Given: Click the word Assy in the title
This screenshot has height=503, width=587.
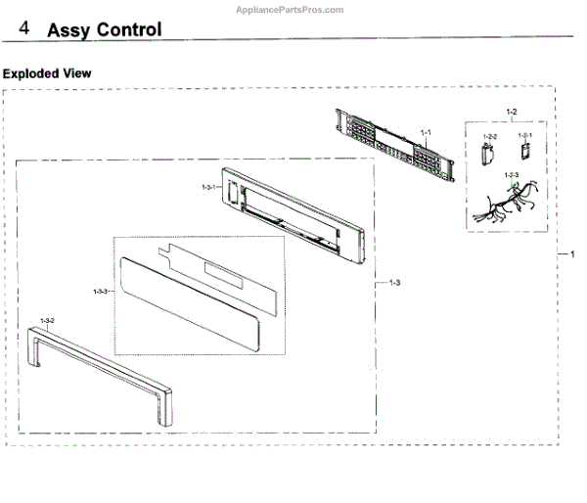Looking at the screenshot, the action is pyautogui.click(x=71, y=29).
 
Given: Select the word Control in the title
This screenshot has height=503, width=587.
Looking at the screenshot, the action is pyautogui.click(x=131, y=29).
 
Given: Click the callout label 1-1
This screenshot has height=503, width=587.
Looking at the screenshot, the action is pyautogui.click(x=426, y=132).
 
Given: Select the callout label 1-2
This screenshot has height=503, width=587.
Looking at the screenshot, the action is pyautogui.click(x=511, y=111).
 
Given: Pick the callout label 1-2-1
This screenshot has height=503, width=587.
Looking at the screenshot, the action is pyautogui.click(x=524, y=136).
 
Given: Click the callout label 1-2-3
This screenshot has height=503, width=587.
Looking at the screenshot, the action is pyautogui.click(x=511, y=175).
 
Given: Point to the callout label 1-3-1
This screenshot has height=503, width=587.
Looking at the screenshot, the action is pyautogui.click(x=207, y=186).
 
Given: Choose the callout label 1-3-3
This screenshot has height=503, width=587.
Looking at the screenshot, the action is pyautogui.click(x=100, y=291).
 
